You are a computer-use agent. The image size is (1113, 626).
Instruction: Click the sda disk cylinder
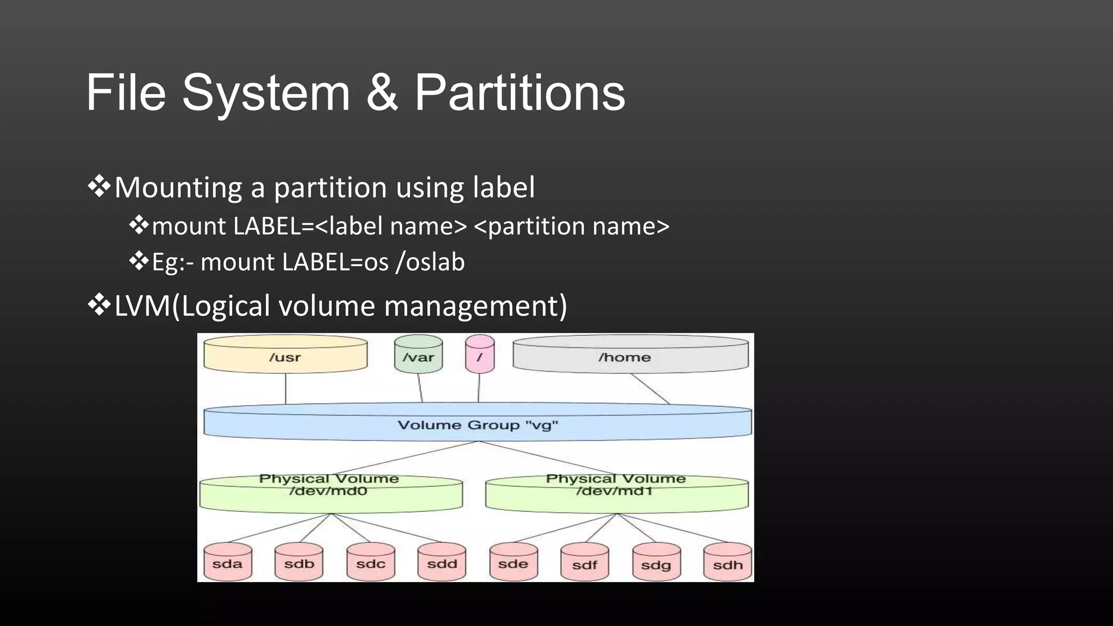(x=227, y=562)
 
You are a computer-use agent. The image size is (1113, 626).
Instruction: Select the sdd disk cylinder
(x=441, y=562)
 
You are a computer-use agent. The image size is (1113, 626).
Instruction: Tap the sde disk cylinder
(x=513, y=562)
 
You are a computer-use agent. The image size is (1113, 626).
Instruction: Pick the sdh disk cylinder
(x=727, y=564)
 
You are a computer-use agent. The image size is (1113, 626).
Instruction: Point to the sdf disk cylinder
(x=584, y=564)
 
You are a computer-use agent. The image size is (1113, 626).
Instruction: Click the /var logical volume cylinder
(x=418, y=356)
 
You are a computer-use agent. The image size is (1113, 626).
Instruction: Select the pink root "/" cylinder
(x=479, y=356)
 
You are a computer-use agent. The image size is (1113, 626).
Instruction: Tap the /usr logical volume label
(x=285, y=357)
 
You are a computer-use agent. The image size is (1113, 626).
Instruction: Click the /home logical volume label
(x=624, y=357)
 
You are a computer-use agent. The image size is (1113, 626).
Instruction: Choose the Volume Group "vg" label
(x=477, y=425)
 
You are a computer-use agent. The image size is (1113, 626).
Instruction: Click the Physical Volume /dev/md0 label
(x=329, y=485)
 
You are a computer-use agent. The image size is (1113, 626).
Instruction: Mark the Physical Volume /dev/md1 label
(x=615, y=485)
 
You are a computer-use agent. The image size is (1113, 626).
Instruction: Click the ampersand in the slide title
(x=383, y=93)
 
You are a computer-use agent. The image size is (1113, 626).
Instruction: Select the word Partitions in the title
(x=520, y=93)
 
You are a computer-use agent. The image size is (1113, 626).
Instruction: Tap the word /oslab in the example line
(x=430, y=262)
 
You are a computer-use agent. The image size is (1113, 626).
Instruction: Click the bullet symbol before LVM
(x=99, y=305)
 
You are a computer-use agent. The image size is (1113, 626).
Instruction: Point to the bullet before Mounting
(x=99, y=187)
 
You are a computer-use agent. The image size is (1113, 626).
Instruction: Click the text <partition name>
(x=572, y=226)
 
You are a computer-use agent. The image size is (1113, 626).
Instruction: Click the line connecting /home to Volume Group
(x=650, y=389)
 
